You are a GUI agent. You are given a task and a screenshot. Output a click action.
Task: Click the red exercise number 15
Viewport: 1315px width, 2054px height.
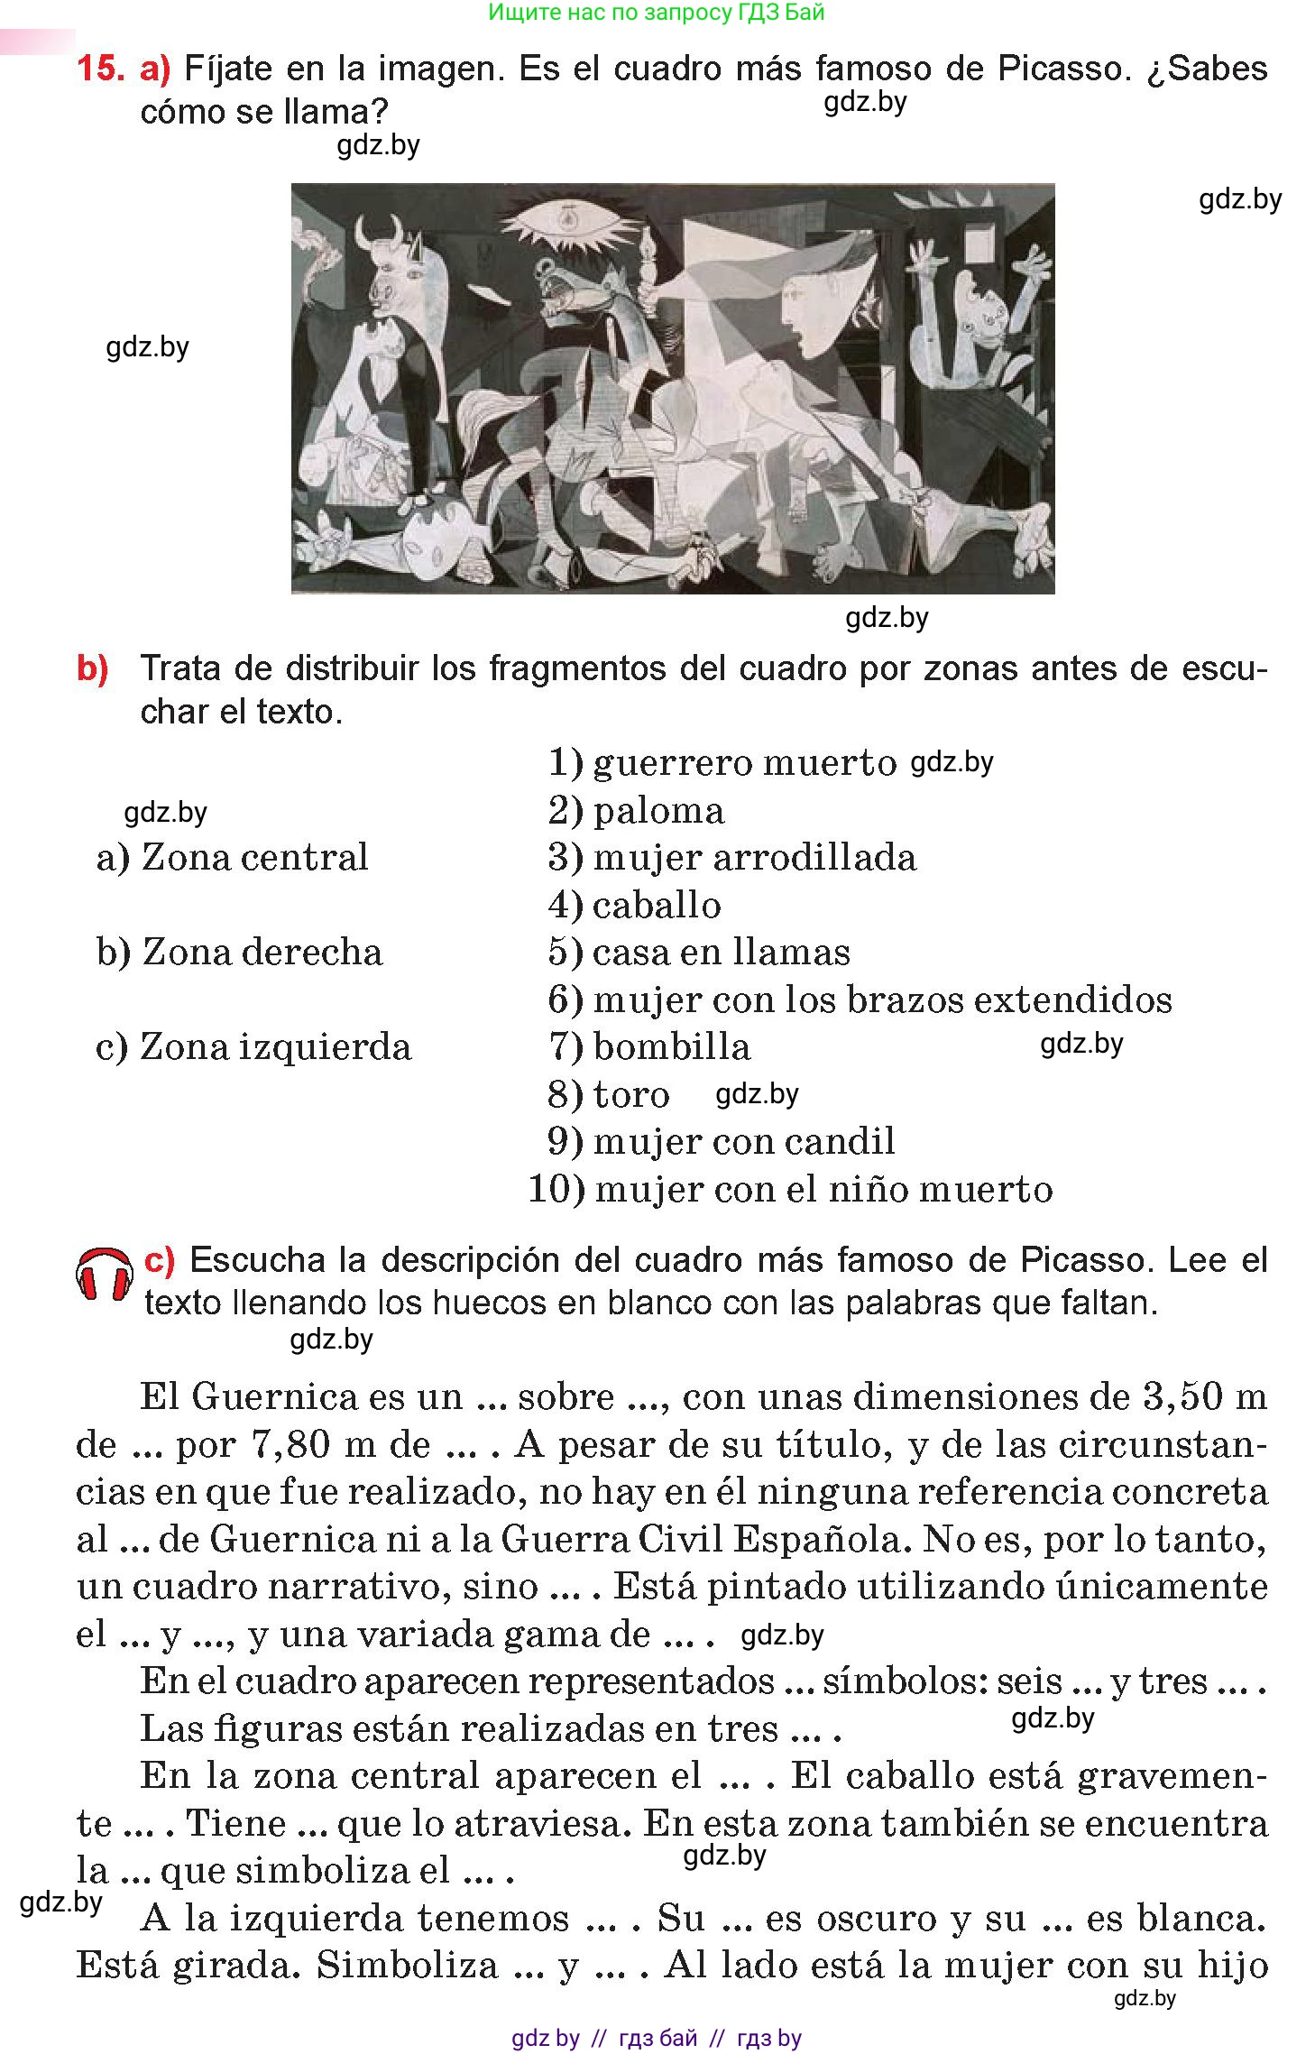(x=100, y=69)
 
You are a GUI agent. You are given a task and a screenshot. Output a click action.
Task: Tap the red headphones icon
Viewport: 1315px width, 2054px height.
(x=104, y=1276)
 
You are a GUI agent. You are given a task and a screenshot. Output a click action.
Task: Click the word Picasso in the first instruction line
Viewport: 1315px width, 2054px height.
(x=1062, y=69)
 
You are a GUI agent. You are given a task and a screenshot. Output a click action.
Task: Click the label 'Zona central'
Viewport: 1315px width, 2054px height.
(x=233, y=857)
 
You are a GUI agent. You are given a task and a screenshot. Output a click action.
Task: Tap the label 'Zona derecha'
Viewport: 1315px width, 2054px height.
(x=240, y=952)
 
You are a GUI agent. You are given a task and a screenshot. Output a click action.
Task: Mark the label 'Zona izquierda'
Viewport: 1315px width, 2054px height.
(x=253, y=1046)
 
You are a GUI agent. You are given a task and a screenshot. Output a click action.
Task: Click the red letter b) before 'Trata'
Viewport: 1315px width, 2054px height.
(x=92, y=668)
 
